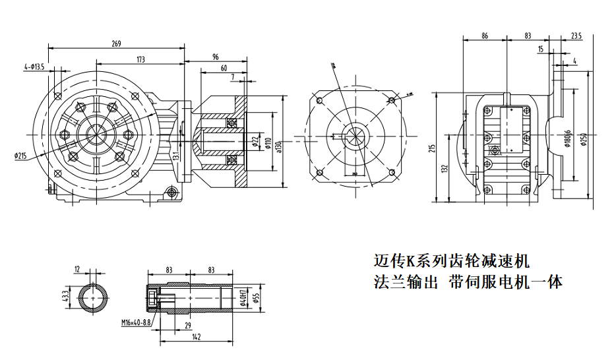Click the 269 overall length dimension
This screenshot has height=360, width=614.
click(x=116, y=44)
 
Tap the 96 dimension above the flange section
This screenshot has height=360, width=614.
click(x=215, y=57)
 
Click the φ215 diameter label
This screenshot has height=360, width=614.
click(x=20, y=156)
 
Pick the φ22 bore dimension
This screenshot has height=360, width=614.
click(x=255, y=142)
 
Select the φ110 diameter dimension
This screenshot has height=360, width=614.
click(x=268, y=142)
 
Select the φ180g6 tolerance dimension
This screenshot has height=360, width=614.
click(x=567, y=140)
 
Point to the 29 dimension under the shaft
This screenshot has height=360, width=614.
click(x=189, y=326)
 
